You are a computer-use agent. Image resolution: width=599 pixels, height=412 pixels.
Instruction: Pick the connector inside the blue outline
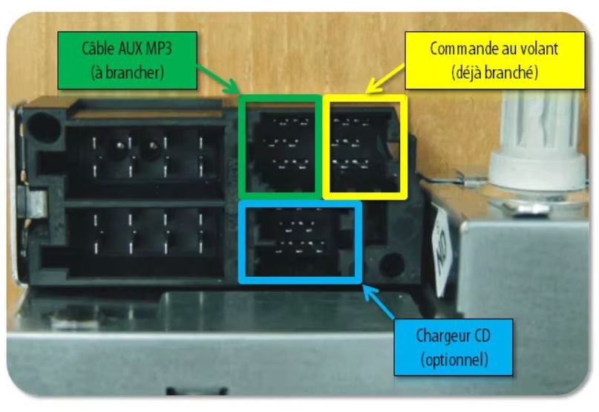pyautogui.click(x=300, y=242)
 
